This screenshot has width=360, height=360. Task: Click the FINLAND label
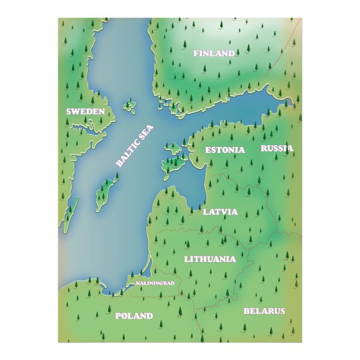(x=214, y=54)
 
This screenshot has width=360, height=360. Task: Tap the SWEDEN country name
(x=86, y=112)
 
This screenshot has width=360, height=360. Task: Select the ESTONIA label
(x=225, y=150)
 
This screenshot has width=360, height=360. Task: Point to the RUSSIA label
(x=277, y=149)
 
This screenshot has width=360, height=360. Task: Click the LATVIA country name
(x=220, y=212)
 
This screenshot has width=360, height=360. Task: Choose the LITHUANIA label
(x=210, y=259)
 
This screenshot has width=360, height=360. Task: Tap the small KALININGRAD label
(x=155, y=283)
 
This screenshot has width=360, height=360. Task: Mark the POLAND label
(x=134, y=316)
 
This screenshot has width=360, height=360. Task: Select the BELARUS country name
(x=264, y=311)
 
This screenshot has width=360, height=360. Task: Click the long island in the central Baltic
(x=106, y=192)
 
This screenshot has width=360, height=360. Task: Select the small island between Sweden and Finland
(x=131, y=106)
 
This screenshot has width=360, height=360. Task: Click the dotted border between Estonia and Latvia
(x=235, y=178)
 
